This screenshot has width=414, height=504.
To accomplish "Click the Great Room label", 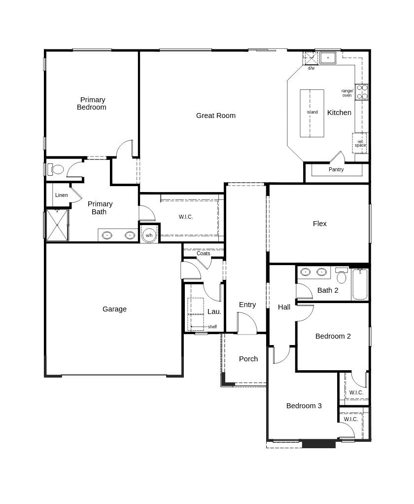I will coord(216,116).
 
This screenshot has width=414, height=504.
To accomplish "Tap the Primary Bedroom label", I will coord(92,103).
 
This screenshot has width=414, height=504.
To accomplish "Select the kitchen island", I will coord(312,113).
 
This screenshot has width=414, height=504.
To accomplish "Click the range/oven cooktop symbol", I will coord(362,92).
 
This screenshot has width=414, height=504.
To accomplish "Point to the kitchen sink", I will coord(328,58).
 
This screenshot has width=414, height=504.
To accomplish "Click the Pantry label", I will coord(336,169).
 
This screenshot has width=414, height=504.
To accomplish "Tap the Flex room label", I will coord(320,224).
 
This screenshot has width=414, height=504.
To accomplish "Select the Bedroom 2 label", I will coord(333,336).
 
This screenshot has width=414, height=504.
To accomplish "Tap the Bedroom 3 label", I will coord(304,406).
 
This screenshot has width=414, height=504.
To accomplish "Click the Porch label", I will coord(248,359).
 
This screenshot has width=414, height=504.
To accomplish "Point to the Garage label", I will coord(114,309).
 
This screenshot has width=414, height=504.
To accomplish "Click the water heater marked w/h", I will coord(149,235).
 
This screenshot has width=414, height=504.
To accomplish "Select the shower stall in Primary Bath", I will coord(57,225).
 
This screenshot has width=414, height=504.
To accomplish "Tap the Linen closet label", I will coord(62,195).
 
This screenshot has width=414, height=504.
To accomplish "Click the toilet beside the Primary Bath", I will coord(57,169).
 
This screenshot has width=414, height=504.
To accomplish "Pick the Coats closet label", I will coord(204,253).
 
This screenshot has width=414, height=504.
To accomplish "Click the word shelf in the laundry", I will coord(212,327).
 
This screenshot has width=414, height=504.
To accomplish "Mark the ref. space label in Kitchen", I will coord(360,144).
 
